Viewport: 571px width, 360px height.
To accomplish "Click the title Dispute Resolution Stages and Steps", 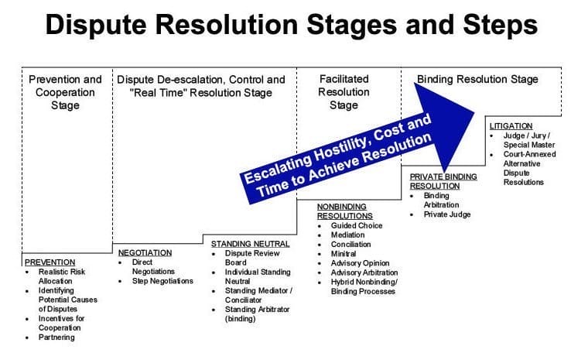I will coord(290,26).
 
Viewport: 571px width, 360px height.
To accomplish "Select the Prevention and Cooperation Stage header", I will coord(65,92).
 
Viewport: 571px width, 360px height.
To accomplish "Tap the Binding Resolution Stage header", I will coord(477,79).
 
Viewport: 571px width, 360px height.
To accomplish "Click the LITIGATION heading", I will coord(511,125).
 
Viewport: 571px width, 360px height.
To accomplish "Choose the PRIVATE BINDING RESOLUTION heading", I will coord(443,181).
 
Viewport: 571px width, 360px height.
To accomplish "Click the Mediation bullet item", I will coord(349,235).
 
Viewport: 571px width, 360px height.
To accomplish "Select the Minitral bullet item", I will coord(344,253).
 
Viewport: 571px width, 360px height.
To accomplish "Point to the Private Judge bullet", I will coord(446,214).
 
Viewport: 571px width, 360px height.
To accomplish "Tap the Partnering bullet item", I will coord(56,337).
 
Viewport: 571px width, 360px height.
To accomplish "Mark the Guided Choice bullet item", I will coord(357,225).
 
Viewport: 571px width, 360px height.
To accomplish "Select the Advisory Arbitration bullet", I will coord(364,272).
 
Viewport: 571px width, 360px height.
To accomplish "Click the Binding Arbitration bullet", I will coord(441,201).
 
